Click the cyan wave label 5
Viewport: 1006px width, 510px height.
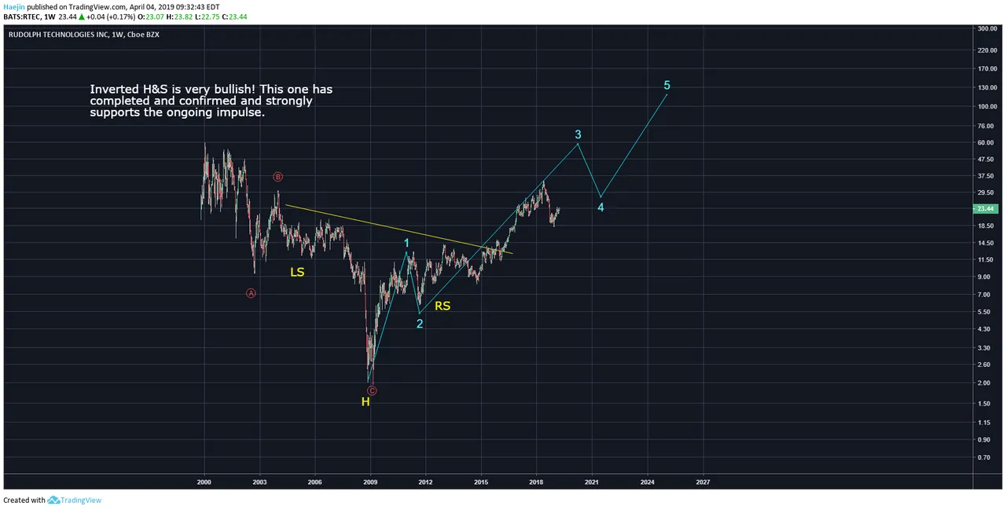(x=666, y=85)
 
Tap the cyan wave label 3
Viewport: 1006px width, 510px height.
(x=578, y=134)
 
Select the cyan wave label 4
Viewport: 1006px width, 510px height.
(x=600, y=207)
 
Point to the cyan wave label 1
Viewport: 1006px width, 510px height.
(x=406, y=244)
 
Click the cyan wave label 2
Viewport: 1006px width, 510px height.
(x=420, y=323)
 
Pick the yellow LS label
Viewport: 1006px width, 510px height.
(x=297, y=272)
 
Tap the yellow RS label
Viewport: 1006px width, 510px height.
(x=442, y=306)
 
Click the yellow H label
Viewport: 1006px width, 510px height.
(x=365, y=402)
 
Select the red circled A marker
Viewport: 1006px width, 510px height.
(x=251, y=293)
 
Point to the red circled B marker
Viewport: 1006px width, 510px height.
(x=277, y=177)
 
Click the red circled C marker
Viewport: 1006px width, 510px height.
(x=372, y=391)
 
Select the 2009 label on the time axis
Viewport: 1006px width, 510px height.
(x=370, y=482)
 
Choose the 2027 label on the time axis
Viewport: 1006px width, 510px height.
(x=703, y=482)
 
